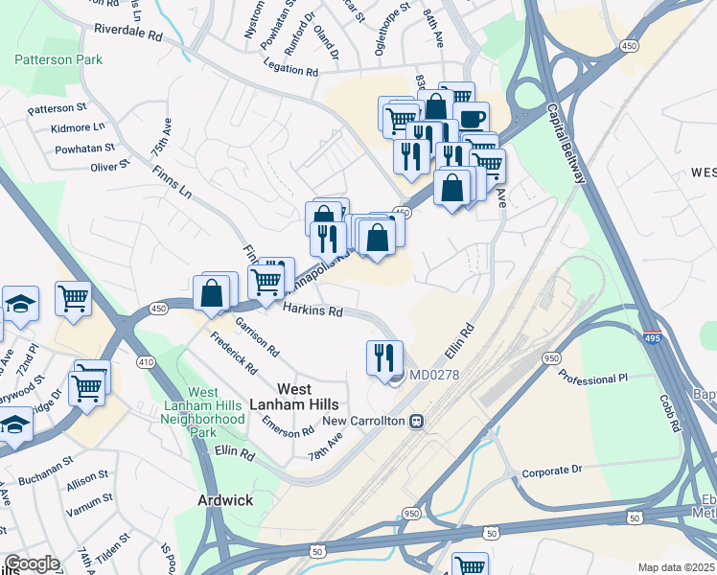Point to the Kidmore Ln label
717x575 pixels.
coord(80,126)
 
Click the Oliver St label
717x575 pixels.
coord(109,167)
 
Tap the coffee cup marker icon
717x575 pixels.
coord(471,119)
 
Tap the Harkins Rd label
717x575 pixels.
coord(312,310)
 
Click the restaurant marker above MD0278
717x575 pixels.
coord(384,357)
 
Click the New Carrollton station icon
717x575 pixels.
coord(416,422)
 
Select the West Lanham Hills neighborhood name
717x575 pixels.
coord(307,398)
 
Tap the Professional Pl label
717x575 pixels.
coord(591,379)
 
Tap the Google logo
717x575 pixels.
coord(32,563)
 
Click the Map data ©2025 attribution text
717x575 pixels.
coord(676,567)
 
